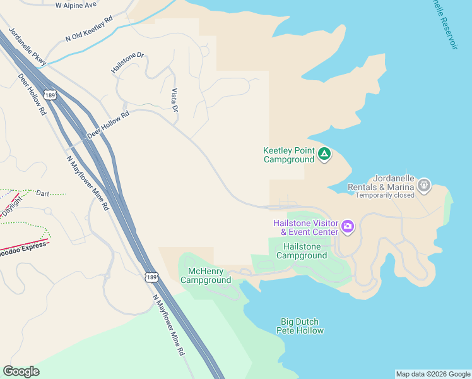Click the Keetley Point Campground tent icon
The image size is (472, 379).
click(324, 154)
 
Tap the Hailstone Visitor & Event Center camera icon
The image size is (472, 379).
click(348, 226)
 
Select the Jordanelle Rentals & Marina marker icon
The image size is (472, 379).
click(424, 186)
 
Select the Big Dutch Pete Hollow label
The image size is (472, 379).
click(301, 326)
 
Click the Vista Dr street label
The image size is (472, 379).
click(175, 100)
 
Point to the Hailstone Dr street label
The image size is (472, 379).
click(127, 63)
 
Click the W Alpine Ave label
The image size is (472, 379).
click(76, 4)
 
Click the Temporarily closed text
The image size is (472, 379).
click(385, 195)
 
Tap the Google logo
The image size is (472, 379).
click(21, 371)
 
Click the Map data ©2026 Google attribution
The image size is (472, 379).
click(433, 374)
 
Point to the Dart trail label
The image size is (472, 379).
click(42, 193)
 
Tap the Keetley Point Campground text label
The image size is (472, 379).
click(288, 155)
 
